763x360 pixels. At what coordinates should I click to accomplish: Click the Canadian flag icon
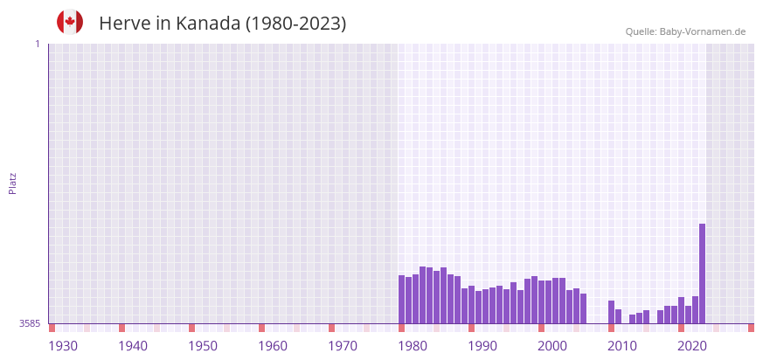coord(70,22)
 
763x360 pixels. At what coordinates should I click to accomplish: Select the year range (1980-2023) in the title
coord(295,24)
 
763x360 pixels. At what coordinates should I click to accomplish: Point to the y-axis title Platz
coord(13,183)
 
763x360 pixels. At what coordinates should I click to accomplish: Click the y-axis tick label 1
coord(37,44)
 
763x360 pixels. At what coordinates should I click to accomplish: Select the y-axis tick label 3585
coord(30,323)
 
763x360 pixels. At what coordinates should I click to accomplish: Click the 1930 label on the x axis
coord(63,346)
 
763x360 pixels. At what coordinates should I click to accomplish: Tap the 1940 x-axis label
coord(133,346)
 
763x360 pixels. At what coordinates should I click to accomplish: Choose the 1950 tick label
coord(203,346)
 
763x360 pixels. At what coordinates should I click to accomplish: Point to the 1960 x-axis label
coord(273,346)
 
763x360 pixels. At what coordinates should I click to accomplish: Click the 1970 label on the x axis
coord(343,346)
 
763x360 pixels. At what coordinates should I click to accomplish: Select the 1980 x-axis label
coord(413,346)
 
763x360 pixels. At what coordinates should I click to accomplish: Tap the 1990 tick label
coord(482,346)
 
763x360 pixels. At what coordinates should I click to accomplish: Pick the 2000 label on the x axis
coord(552,346)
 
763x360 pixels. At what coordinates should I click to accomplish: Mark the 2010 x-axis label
coord(622,346)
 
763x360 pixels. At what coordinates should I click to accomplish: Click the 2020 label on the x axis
coord(692,346)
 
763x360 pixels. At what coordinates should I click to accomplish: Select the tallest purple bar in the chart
coord(702,273)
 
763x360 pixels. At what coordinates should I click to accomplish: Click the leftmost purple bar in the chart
coord(402,300)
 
